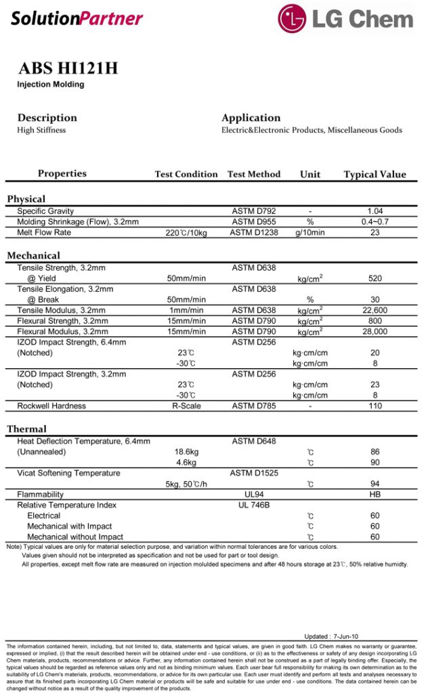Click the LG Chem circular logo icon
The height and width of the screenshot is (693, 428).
[x=294, y=18]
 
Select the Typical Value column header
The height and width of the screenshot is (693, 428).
[x=374, y=174]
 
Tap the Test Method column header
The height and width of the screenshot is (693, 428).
[x=254, y=174]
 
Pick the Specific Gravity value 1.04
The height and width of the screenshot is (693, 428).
[x=374, y=212]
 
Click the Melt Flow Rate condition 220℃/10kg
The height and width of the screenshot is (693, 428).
[x=186, y=233]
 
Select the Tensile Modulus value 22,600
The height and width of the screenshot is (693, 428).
[x=374, y=310]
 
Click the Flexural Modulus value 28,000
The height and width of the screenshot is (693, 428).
[x=374, y=332]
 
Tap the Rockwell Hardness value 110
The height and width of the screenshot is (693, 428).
[x=374, y=406]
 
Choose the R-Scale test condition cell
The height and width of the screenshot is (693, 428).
[x=186, y=406]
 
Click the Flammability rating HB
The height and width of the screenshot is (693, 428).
[x=374, y=495]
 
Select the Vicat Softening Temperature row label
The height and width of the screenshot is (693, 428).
[x=68, y=473]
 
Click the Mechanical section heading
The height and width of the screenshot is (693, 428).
[x=34, y=256]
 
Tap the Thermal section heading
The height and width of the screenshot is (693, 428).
[x=27, y=429]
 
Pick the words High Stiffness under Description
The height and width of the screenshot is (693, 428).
[x=41, y=130]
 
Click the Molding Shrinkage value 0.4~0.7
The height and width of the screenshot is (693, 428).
[x=374, y=222]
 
